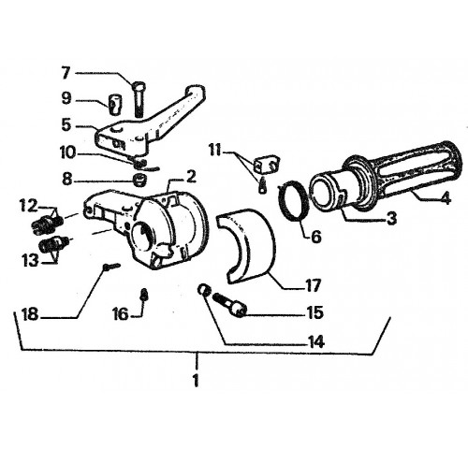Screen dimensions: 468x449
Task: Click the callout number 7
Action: pos(66,73)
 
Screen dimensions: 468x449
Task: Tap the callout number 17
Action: pos(313,285)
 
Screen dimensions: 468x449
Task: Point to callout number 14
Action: pos(315,342)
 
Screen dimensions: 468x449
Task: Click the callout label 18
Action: pos(30,314)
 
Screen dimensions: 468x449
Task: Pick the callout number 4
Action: pos(446,198)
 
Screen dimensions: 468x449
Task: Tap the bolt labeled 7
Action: pos(139,98)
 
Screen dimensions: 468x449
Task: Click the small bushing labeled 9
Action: pos(115,105)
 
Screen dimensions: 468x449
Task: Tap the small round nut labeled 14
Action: pos(204,290)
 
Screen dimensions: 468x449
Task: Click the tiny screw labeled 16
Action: pos(144,294)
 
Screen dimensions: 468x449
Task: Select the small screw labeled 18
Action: pos(112,266)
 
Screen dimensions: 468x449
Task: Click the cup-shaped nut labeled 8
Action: pos(139,180)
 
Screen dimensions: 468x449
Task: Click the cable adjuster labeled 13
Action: pos(53,244)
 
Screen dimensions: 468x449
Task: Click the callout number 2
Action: pos(191,177)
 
